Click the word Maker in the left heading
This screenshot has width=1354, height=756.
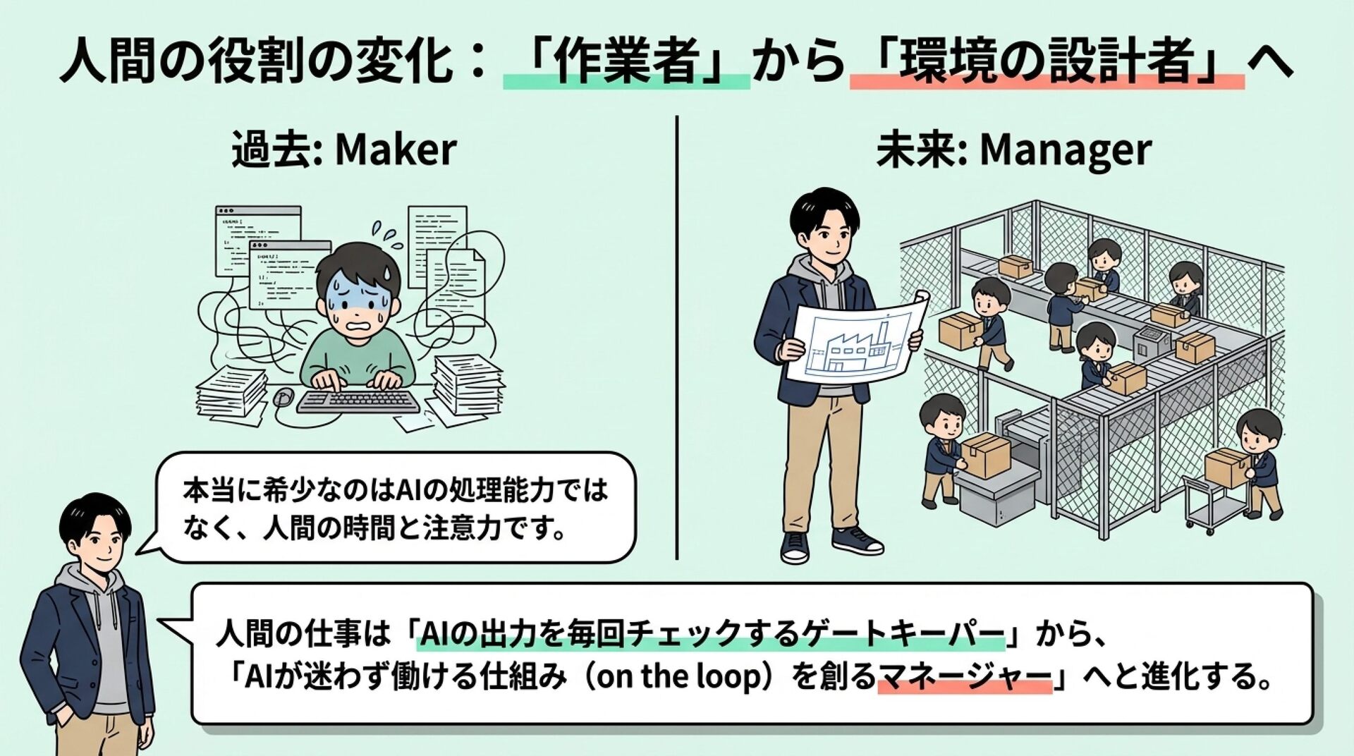[x=396, y=150]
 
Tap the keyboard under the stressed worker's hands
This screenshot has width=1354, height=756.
[x=358, y=401]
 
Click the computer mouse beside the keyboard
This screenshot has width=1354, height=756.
[x=283, y=397]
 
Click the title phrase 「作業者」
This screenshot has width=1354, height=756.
[x=626, y=63]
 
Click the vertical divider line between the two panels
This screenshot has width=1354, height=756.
[x=677, y=338]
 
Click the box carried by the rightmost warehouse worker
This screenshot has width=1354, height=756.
[x=1226, y=468]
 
